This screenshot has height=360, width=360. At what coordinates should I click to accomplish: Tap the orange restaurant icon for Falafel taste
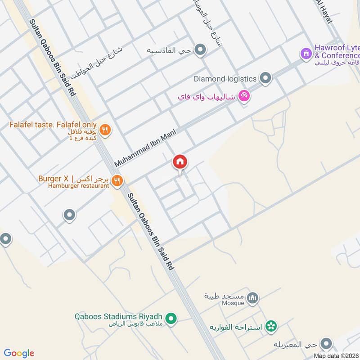click(x=105, y=130)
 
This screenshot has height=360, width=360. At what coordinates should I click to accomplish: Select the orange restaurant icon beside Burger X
click(x=117, y=180)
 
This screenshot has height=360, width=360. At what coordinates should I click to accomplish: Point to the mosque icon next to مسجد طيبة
click(x=253, y=297)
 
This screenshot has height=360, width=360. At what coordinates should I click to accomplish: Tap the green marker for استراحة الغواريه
click(x=271, y=325)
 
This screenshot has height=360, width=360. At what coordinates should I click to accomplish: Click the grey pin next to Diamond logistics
click(x=266, y=79)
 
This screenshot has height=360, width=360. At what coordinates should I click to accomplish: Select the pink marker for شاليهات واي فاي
click(x=244, y=96)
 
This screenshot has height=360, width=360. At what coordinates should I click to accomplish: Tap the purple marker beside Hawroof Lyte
click(x=306, y=54)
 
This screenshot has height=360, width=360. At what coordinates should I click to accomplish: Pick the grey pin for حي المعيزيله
click(x=327, y=345)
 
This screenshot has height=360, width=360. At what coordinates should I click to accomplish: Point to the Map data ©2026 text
click(x=336, y=355)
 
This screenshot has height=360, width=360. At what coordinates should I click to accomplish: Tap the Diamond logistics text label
click(x=225, y=79)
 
